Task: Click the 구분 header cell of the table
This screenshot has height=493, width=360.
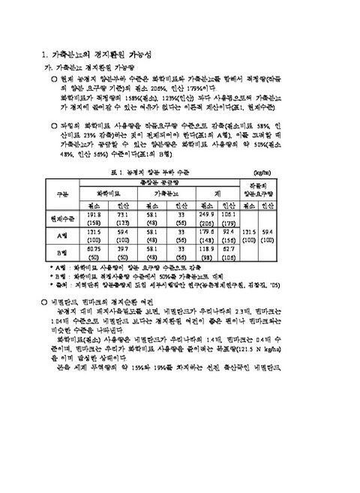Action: [62, 194]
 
